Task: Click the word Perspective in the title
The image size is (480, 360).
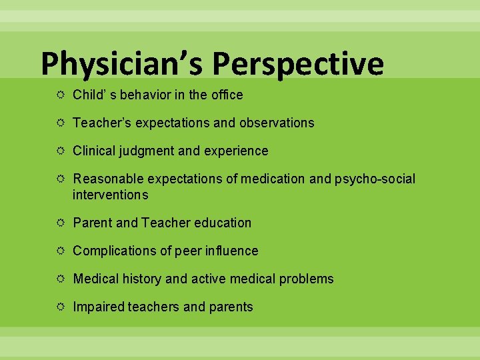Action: point(298,65)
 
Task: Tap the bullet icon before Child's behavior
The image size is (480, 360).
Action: point(60,95)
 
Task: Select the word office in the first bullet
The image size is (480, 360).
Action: point(227,95)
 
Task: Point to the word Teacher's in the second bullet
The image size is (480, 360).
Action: point(99,123)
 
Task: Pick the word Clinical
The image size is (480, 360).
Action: point(95,151)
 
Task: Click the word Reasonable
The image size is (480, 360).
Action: point(108,179)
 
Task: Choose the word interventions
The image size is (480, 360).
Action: point(110,195)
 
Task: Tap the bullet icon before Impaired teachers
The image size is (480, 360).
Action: point(60,307)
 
